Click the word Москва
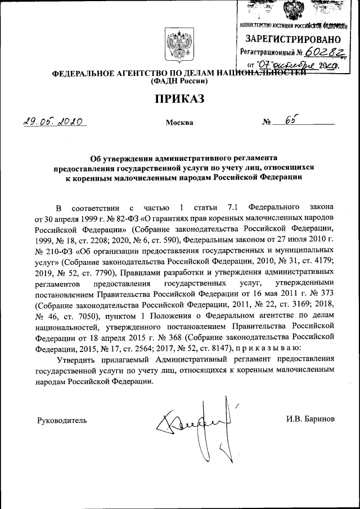pos(179,123)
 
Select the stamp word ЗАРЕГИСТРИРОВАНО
pos(292,39)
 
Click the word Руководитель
pos(62,420)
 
